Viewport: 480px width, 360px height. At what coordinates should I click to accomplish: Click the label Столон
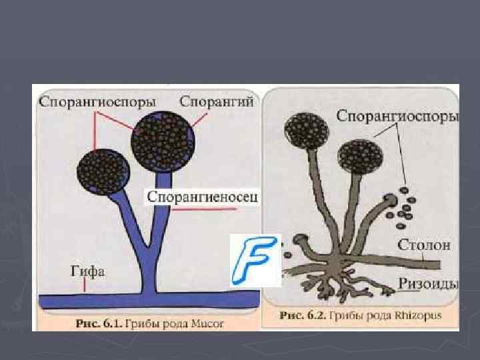pos(424,245)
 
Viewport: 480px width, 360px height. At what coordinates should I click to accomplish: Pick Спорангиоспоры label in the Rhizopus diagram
pos(397,116)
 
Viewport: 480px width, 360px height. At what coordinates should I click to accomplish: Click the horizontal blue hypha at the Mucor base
pos(147,301)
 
